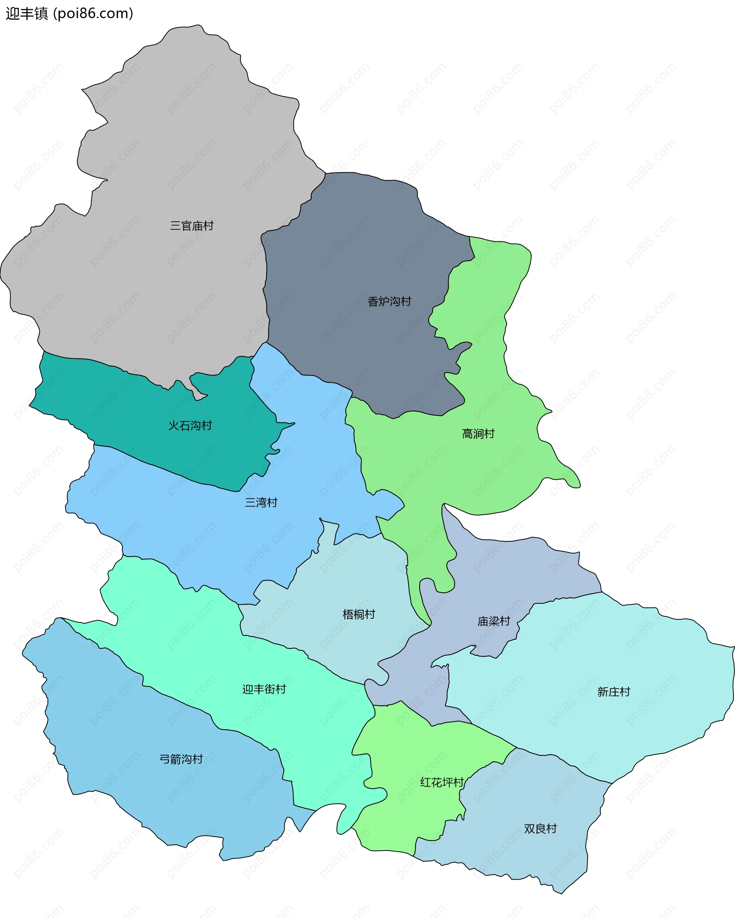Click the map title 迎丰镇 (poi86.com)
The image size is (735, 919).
coord(70,14)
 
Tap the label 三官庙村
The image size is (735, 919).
coord(191,226)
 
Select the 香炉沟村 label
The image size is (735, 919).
coord(389,302)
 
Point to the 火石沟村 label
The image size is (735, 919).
coord(190,425)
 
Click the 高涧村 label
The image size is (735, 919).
coord(478,434)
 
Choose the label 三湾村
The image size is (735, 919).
coord(261,503)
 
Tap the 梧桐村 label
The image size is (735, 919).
coord(359,614)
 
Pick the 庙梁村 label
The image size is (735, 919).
coord(493,621)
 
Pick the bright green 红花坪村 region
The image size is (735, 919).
coord(405,810)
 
